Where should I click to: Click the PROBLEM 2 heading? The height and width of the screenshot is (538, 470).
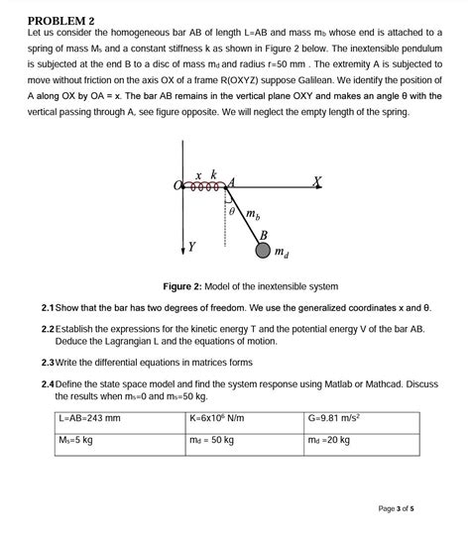[60, 21]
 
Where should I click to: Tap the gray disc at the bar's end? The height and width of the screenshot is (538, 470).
[263, 251]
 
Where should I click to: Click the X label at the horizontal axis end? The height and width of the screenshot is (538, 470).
[316, 180]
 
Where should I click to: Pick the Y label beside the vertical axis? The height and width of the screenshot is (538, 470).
[191, 245]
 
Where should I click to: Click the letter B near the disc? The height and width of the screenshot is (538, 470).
[263, 234]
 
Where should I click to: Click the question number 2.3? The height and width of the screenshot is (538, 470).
[48, 362]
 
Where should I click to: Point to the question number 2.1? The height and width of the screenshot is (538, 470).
[48, 307]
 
